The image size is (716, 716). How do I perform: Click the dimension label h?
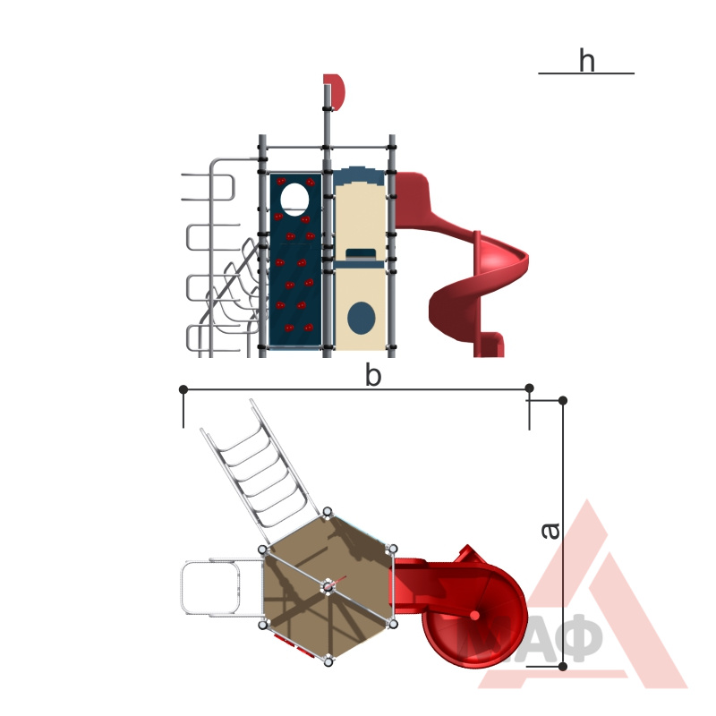pyautogui.click(x=587, y=60)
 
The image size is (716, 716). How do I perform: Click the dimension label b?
pyautogui.click(x=372, y=376)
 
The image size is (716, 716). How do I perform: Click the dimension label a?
pyautogui.click(x=550, y=530)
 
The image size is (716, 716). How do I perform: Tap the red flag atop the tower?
pyautogui.click(x=337, y=92)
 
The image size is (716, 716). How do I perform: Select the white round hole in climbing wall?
pyautogui.click(x=294, y=199)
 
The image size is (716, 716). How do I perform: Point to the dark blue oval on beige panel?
pyautogui.click(x=362, y=319)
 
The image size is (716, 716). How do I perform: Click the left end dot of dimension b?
pyautogui.click(x=183, y=389)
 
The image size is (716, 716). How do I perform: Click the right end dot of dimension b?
pyautogui.click(x=529, y=388)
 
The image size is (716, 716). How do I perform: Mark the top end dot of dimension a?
pyautogui.click(x=563, y=400)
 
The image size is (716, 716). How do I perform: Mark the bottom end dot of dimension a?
pyautogui.click(x=563, y=666)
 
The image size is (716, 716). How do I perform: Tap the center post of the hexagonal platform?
pyautogui.click(x=328, y=587)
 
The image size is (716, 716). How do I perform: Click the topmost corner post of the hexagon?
pyautogui.click(x=328, y=512)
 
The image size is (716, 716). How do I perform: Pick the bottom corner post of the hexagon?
pyautogui.click(x=328, y=661)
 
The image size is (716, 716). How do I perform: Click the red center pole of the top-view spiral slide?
pyautogui.click(x=475, y=616)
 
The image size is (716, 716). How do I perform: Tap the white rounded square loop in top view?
pyautogui.click(x=210, y=587)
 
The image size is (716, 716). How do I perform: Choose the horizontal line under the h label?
pyautogui.click(x=586, y=73)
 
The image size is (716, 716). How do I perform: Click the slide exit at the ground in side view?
pyautogui.click(x=490, y=345)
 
